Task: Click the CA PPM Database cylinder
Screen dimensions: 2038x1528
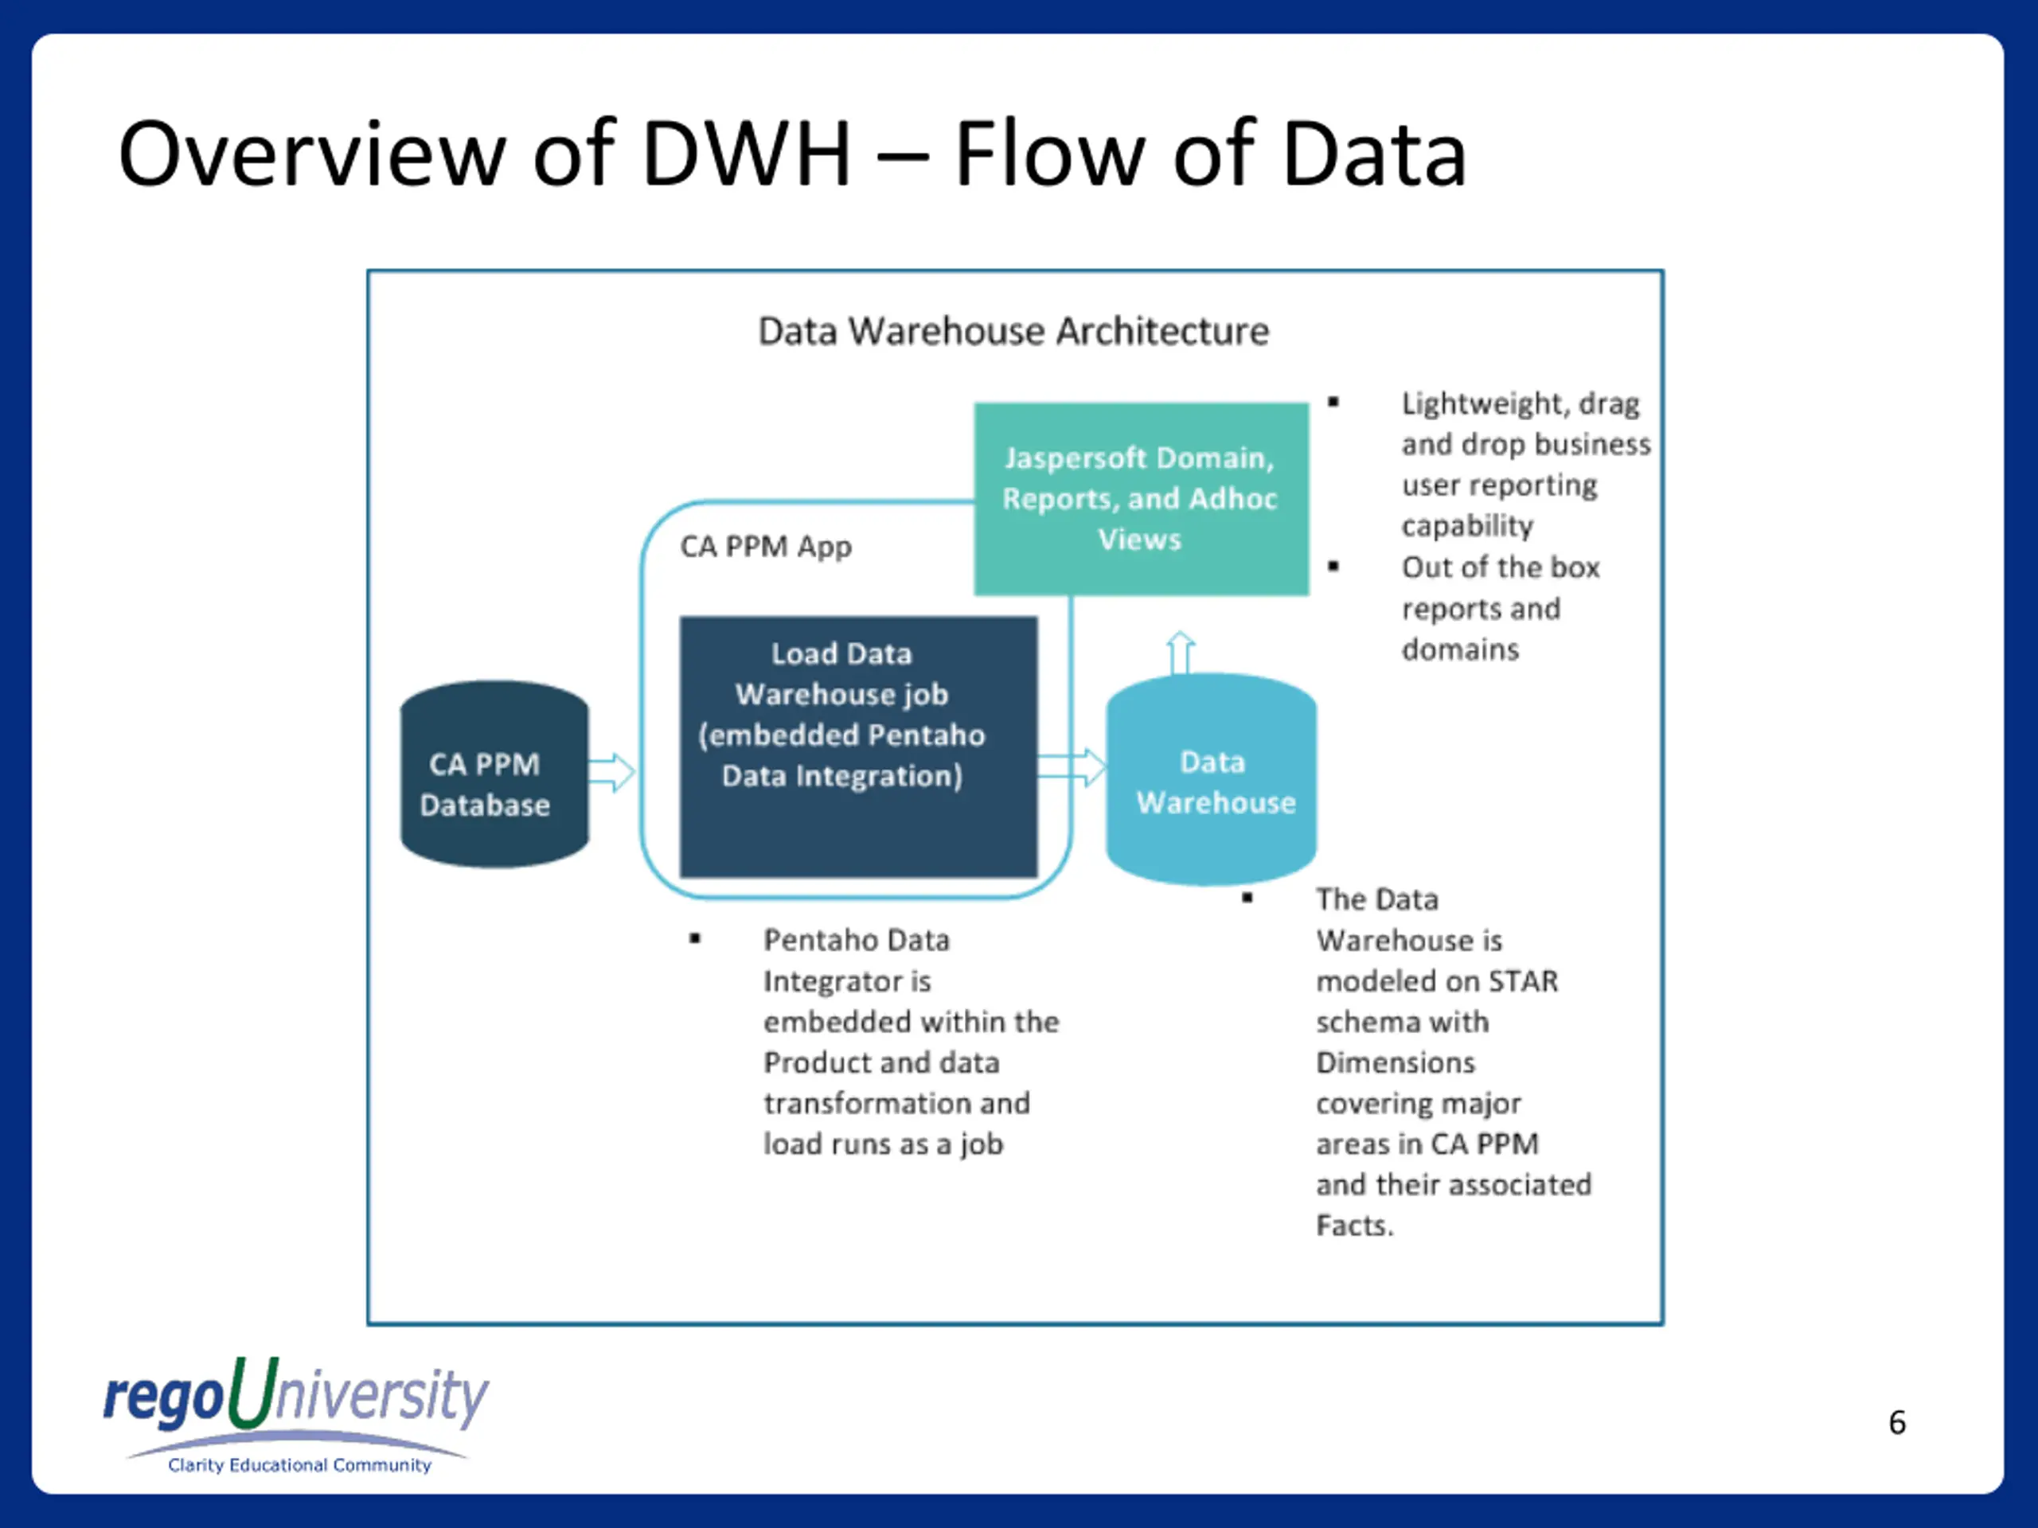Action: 494,775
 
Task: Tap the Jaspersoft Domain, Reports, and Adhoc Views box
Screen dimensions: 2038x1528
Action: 1141,498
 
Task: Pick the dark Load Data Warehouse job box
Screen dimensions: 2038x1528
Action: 857,746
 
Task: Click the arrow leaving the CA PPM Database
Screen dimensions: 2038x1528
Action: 611,772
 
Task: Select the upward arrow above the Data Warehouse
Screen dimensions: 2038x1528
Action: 1181,651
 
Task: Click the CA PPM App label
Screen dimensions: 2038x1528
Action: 766,546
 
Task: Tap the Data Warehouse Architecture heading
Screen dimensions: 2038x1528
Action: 1013,330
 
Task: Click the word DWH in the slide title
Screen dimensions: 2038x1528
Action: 745,154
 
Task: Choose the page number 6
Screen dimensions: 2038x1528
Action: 1896,1422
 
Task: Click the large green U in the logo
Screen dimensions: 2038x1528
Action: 252,1393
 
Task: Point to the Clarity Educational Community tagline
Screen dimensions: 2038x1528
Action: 299,1464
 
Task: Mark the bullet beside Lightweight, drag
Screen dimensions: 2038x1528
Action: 1333,402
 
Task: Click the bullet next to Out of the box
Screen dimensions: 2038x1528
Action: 1333,566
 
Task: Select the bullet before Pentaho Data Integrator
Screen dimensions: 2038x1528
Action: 695,938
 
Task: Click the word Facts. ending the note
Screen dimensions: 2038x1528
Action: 1354,1225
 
